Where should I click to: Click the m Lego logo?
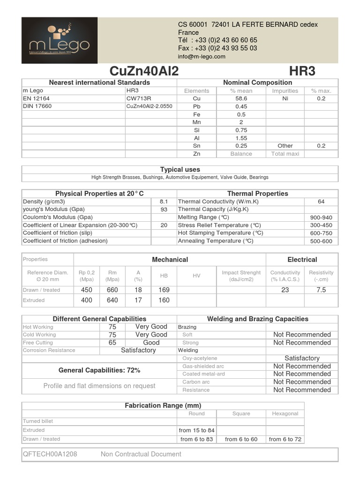[60, 40]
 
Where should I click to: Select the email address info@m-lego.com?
[202, 57]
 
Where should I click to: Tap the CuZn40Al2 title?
[144, 71]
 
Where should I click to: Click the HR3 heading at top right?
[302, 71]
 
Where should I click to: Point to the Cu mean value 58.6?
[241, 98]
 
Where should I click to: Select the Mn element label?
[197, 122]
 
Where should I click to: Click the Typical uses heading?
[180, 169]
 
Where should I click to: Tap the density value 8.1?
[164, 202]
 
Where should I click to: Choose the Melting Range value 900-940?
[321, 217]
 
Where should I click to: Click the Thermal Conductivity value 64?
[321, 202]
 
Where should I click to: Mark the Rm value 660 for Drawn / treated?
[112, 290]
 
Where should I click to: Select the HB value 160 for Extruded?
[164, 300]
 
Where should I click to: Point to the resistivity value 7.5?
[321, 290]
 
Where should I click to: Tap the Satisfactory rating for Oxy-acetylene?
[302, 358]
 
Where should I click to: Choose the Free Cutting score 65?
[112, 343]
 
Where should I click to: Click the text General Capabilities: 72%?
[99, 370]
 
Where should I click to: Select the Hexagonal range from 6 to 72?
[285, 439]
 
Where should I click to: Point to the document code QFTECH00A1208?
[50, 454]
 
